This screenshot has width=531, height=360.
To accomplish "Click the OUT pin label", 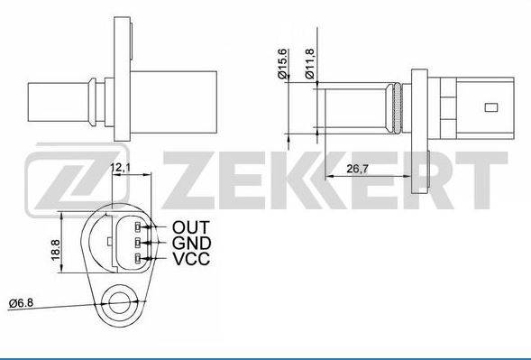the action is pyautogui.click(x=191, y=227).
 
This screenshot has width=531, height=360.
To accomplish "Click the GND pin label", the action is pyautogui.click(x=192, y=243).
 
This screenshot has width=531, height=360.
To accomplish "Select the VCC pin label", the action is pyautogui.click(x=191, y=259).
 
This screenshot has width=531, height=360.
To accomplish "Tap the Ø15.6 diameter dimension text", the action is pyautogui.click(x=282, y=63).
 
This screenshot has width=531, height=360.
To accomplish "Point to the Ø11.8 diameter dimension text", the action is pyautogui.click(x=310, y=63).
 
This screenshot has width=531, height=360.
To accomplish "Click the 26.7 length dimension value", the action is pyautogui.click(x=357, y=169).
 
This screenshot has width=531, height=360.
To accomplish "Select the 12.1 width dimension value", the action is pyautogui.click(x=121, y=167).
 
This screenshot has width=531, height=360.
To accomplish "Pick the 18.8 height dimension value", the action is pyautogui.click(x=56, y=250).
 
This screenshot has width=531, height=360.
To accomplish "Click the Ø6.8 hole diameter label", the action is pyautogui.click(x=21, y=303).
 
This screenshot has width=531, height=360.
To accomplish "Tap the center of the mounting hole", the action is pyautogui.click(x=120, y=303).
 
